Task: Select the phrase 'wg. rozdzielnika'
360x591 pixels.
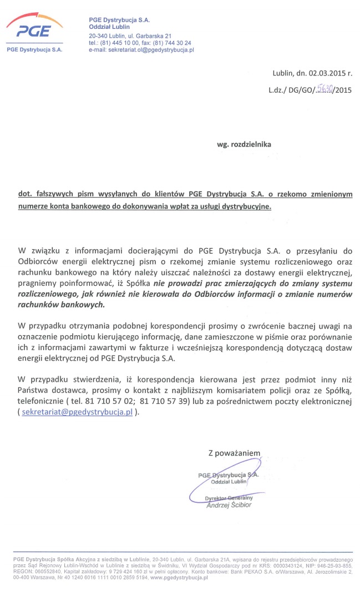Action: (x=244, y=144)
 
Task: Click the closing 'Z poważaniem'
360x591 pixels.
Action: (x=234, y=453)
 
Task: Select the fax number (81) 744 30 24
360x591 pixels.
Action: (x=174, y=43)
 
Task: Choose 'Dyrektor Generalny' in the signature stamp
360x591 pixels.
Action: (x=229, y=498)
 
